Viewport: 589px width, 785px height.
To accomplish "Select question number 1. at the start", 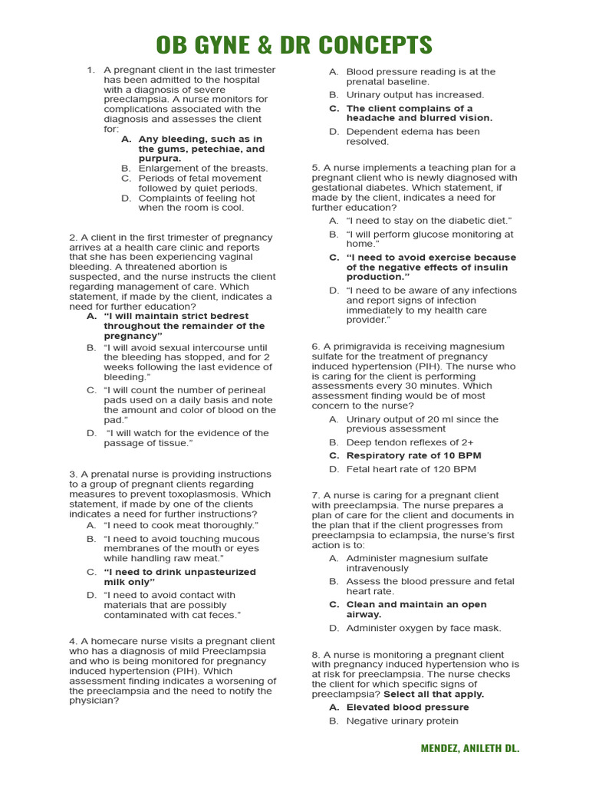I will (x=90, y=70).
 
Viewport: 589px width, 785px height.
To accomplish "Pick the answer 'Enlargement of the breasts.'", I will (x=202, y=168).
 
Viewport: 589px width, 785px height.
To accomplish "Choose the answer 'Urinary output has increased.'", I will (x=415, y=95).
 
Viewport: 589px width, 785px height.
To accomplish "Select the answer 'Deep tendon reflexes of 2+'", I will (x=410, y=442).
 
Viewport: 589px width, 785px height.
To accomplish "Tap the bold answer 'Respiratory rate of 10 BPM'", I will (x=413, y=455).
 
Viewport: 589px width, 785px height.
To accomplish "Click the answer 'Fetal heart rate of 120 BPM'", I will (x=411, y=469).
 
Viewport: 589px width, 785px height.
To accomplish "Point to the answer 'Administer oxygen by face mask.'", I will (x=423, y=628).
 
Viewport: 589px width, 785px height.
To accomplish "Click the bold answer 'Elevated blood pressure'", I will (x=407, y=707).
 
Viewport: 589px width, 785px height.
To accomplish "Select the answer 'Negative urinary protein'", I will (x=402, y=721).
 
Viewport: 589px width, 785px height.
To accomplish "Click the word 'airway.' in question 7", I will (x=364, y=614).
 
